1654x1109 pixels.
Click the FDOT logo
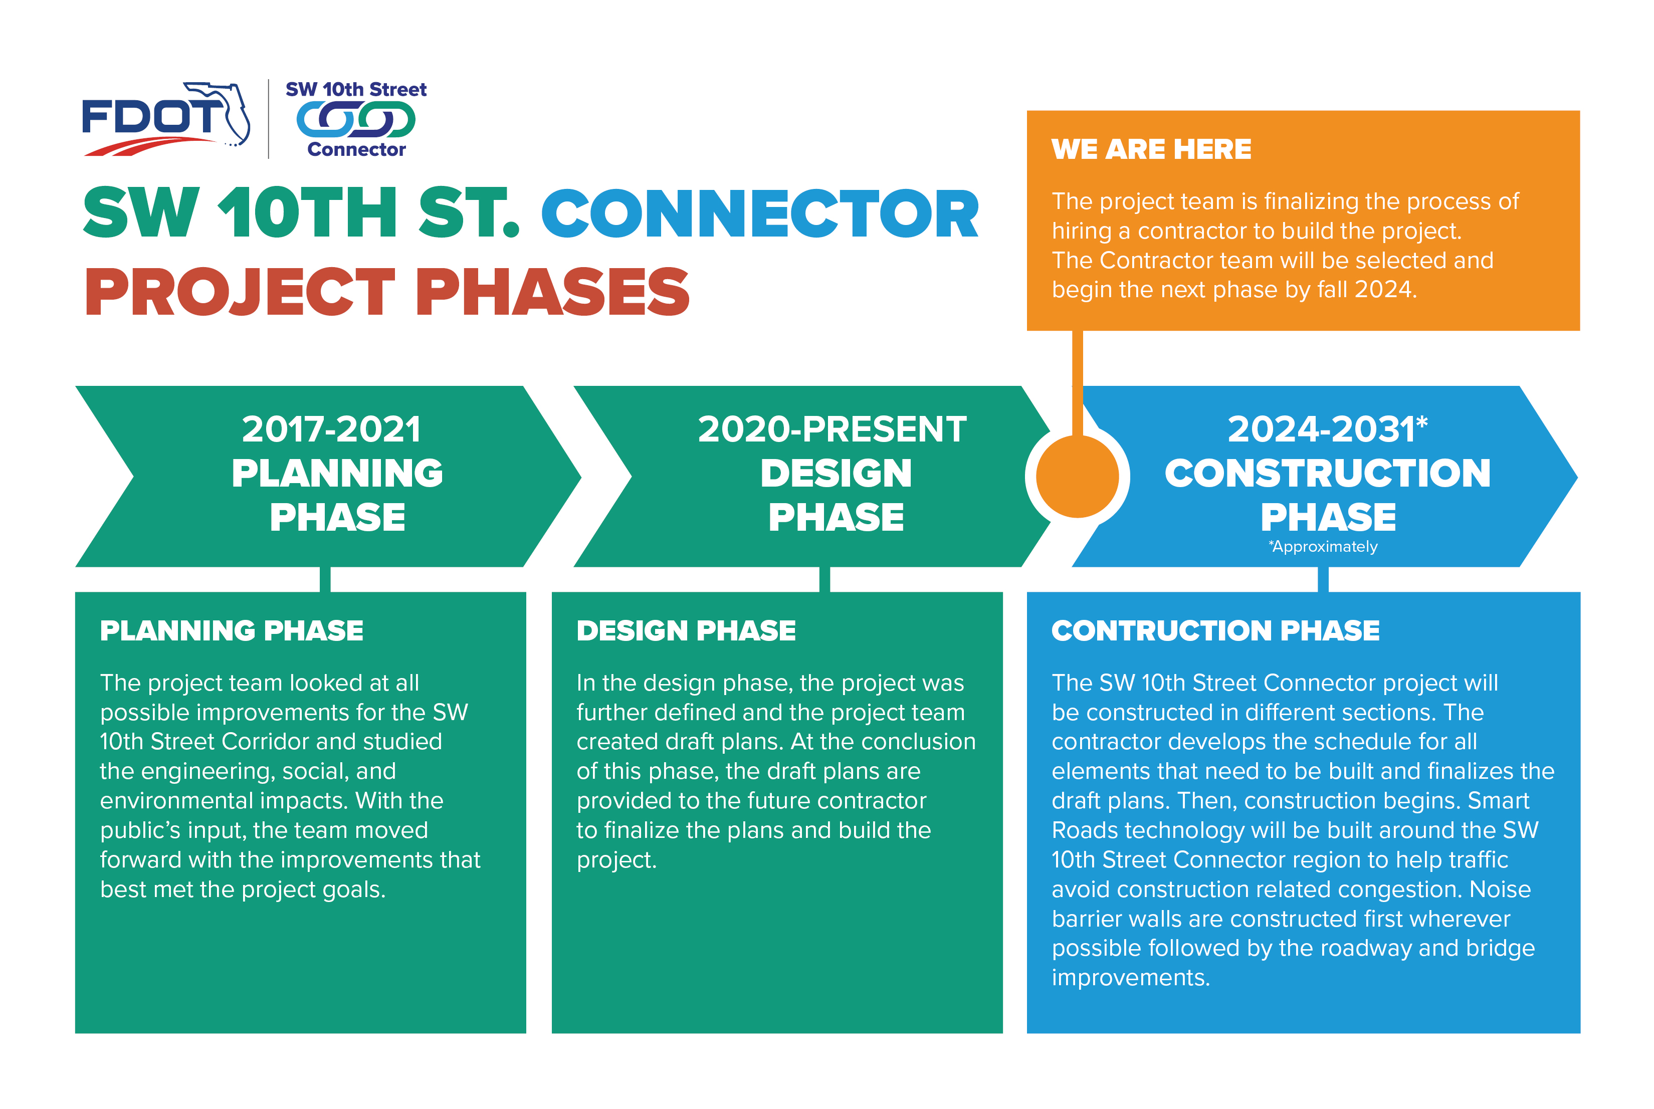coord(166,119)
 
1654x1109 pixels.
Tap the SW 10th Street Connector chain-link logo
coord(356,119)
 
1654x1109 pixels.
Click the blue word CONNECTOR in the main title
coord(760,213)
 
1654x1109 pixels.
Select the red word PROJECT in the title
coord(239,292)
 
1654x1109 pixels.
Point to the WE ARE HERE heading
coord(1151,149)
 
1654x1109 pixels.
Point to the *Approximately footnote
coord(1323,547)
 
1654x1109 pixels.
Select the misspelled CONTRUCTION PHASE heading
coord(1215,630)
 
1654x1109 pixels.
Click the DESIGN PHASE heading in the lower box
coord(686,630)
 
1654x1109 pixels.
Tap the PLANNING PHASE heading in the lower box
coord(232,630)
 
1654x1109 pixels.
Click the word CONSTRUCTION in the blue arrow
coord(1327,473)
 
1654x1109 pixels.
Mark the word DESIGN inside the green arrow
coord(836,473)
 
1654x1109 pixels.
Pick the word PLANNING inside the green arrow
coord(337,473)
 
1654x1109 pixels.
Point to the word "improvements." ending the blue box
coord(1131,977)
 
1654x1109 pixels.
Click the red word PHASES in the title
coord(552,292)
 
